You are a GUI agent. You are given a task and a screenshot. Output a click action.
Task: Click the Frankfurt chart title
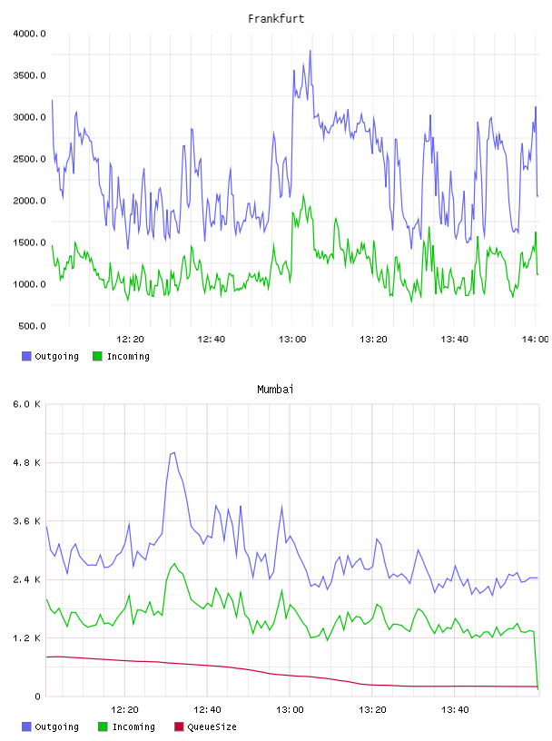point(276,19)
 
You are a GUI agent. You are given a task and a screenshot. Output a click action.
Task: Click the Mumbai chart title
point(275,390)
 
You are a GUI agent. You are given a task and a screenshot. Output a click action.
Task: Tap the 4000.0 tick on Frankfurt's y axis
point(29,34)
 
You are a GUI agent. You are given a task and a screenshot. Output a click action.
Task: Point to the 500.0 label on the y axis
point(32,326)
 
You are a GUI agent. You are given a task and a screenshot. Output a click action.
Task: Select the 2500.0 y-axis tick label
point(29,159)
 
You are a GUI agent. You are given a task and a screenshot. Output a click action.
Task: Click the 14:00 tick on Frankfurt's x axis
point(535,339)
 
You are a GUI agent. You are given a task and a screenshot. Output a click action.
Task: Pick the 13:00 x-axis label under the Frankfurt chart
point(292,339)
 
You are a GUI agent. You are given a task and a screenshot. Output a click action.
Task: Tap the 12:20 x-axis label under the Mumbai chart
point(124,709)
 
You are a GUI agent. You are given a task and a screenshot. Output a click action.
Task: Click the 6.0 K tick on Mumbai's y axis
point(27,404)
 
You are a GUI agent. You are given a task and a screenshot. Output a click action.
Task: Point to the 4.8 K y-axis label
point(27,462)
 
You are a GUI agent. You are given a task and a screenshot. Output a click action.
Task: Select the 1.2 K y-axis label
point(27,638)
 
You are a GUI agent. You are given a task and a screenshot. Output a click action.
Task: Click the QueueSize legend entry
point(205,726)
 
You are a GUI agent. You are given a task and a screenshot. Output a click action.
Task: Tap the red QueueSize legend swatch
point(179,726)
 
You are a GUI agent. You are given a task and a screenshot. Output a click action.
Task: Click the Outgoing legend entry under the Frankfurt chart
point(50,356)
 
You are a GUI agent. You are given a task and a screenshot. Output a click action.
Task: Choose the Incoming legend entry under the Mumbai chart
point(126,726)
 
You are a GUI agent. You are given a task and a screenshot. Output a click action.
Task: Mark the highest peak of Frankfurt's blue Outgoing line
point(310,51)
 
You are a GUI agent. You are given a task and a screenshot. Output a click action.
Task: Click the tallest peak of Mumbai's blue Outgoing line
point(174,453)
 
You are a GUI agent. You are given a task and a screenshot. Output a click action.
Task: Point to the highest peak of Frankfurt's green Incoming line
point(303,195)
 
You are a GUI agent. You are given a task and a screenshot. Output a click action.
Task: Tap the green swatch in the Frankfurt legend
point(97,356)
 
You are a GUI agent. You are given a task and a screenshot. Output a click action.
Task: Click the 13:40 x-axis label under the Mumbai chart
point(455,709)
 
